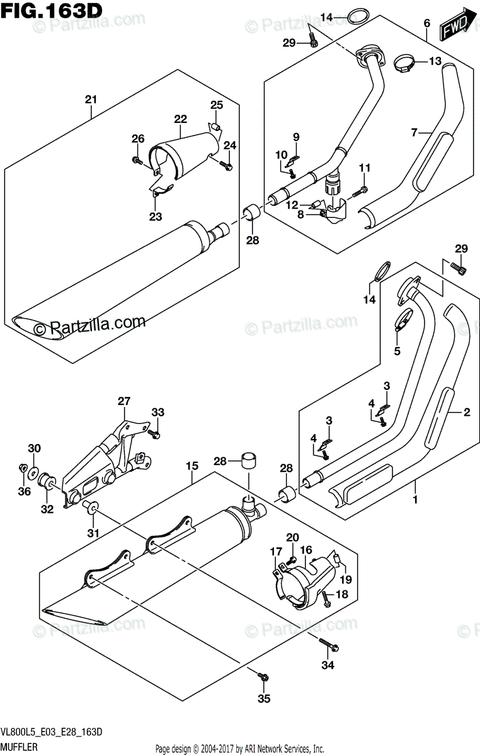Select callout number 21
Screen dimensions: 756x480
[x=91, y=99]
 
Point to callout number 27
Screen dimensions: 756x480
[x=123, y=401]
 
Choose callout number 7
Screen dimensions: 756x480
[x=414, y=132]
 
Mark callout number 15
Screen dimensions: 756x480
[x=192, y=467]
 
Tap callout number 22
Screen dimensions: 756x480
[x=181, y=118]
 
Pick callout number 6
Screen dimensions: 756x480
[x=426, y=23]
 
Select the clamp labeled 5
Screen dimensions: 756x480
[x=400, y=325]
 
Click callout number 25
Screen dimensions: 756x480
[x=216, y=105]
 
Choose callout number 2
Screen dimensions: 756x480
[x=467, y=413]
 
